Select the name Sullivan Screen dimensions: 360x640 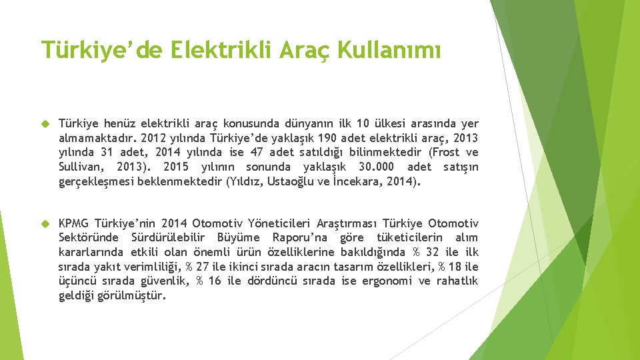point(79,167)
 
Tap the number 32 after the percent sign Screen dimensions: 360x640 point(432,253)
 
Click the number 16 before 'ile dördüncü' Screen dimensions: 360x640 point(215,281)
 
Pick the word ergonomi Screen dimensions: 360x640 point(387,281)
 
